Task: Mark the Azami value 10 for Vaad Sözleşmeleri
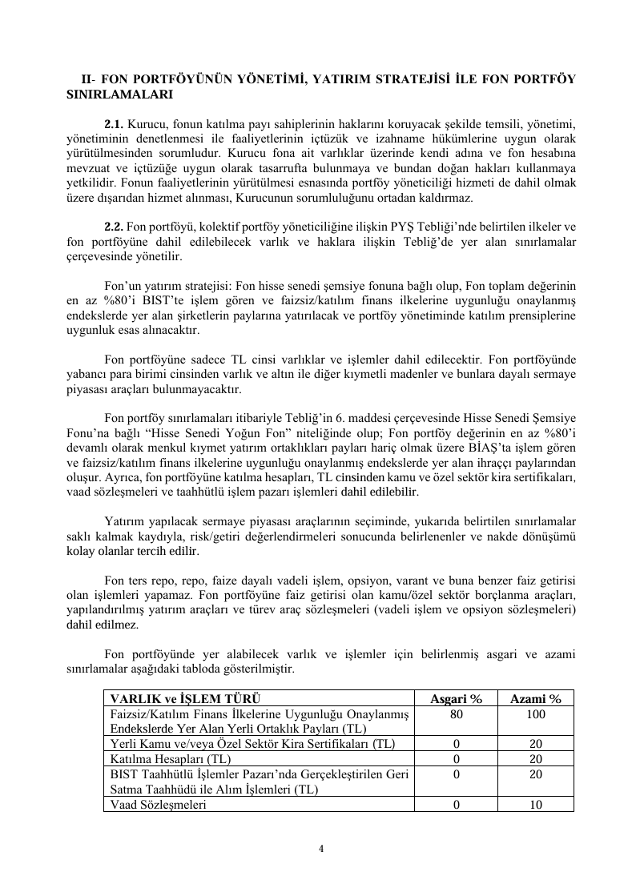(x=536, y=805)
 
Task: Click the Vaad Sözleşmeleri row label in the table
(x=158, y=805)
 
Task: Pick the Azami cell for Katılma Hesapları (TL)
(x=536, y=758)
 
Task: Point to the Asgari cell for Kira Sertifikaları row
(x=456, y=743)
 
